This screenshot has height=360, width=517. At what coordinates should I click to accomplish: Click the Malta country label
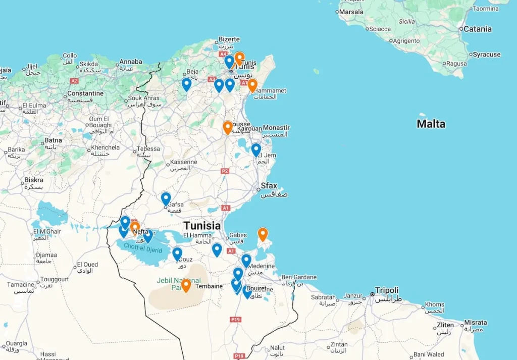(x=431, y=124)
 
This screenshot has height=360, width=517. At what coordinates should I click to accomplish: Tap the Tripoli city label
(x=387, y=290)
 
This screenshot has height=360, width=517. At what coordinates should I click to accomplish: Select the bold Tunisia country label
(x=202, y=226)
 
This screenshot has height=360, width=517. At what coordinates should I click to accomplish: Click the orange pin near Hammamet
(x=252, y=85)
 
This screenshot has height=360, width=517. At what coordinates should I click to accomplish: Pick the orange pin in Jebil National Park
(x=186, y=285)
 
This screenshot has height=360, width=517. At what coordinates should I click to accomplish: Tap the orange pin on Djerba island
(x=263, y=234)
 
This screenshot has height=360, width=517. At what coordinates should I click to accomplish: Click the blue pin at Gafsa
(x=166, y=198)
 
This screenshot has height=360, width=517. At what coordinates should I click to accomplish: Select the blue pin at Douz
(x=177, y=253)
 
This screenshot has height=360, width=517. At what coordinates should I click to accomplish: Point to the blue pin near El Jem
(x=256, y=150)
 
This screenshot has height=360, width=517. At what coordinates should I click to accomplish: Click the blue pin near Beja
(x=186, y=84)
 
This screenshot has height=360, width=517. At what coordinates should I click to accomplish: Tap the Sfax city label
(x=269, y=186)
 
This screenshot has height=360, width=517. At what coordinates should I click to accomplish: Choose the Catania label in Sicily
(x=477, y=29)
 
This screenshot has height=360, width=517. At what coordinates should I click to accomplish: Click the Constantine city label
(x=85, y=93)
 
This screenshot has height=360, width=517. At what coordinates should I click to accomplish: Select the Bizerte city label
(x=229, y=39)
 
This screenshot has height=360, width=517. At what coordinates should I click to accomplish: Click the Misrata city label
(x=475, y=323)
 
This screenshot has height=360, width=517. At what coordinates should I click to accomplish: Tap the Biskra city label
(x=34, y=180)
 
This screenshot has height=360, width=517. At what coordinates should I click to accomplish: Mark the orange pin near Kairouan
(x=228, y=127)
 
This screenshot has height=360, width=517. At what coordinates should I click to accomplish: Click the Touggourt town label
(x=55, y=279)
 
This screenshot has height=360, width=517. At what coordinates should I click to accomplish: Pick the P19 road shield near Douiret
(x=235, y=319)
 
